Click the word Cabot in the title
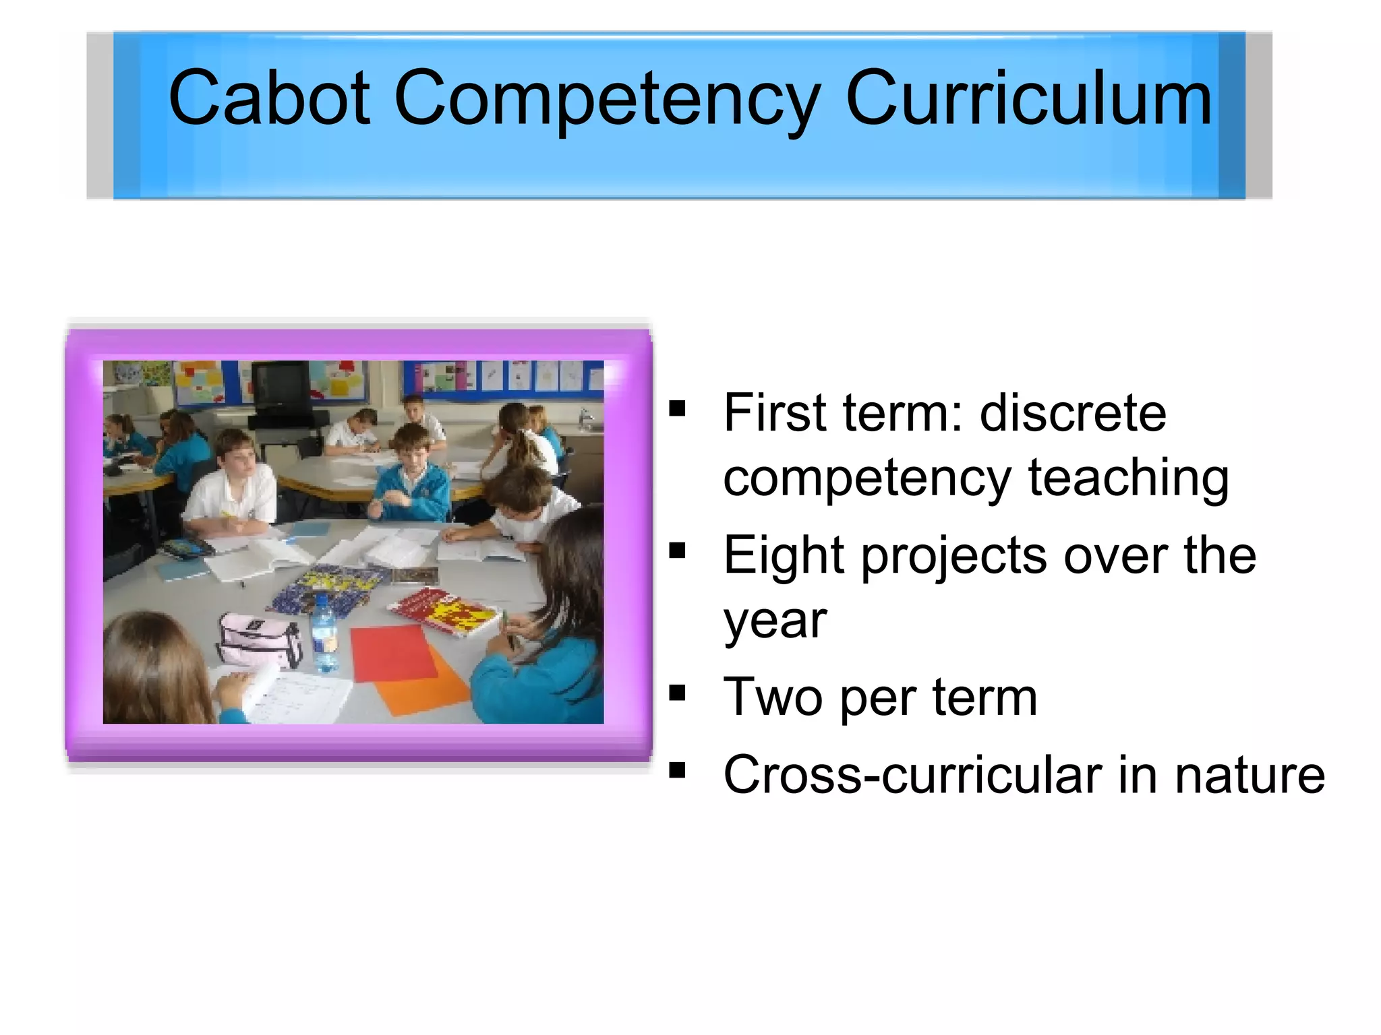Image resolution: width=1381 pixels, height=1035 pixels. point(269,98)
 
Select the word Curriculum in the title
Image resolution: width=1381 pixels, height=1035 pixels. point(1028,98)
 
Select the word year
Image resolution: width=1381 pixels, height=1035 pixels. point(775,621)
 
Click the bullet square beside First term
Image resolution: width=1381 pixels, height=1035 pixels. point(677,409)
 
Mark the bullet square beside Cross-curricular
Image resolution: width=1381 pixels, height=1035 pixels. point(677,770)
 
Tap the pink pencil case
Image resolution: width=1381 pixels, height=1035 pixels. point(259,640)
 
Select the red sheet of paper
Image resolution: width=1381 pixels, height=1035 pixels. point(394,652)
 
